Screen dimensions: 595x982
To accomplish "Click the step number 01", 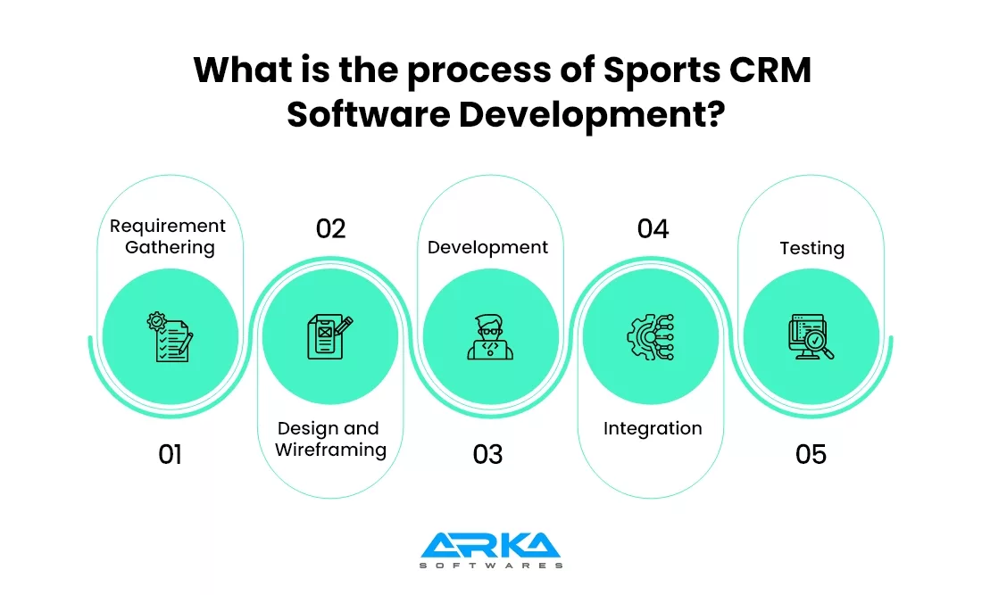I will click(170, 454).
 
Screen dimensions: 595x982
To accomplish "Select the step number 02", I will click(330, 229).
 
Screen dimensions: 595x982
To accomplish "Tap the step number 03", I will click(488, 454).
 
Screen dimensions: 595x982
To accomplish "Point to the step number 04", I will click(653, 229).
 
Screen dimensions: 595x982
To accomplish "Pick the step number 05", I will click(811, 454).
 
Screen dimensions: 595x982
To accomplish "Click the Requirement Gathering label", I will click(169, 236).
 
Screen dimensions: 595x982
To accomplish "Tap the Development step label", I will click(487, 247).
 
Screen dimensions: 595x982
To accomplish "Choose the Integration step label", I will click(653, 428).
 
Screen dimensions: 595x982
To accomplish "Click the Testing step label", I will click(811, 248).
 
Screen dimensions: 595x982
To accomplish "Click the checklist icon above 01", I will click(169, 337).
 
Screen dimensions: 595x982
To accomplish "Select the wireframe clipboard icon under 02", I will click(329, 337).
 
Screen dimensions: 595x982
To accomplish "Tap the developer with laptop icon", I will click(490, 337).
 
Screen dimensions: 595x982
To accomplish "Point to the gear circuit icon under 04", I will click(651, 337).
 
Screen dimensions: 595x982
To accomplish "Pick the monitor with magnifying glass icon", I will click(811, 337).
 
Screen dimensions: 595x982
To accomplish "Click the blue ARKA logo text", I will click(490, 546).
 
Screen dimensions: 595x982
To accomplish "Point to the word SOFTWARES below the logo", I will click(490, 566).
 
